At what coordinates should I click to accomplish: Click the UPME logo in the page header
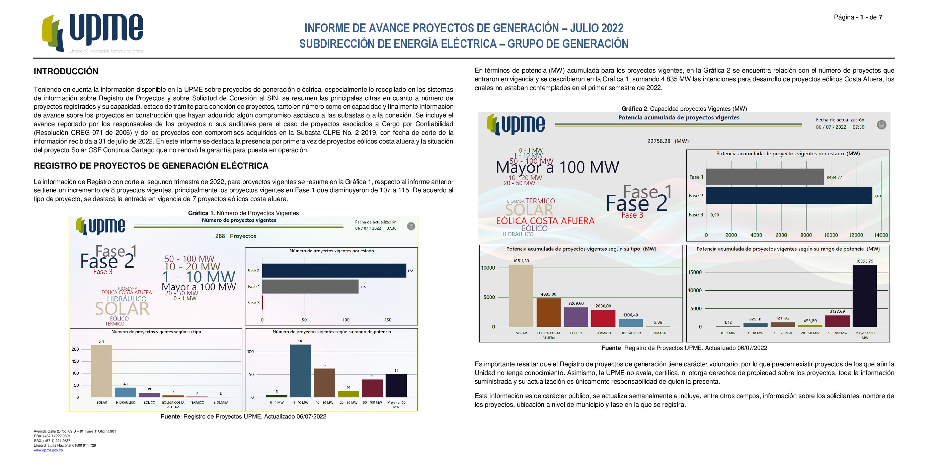point(93,33)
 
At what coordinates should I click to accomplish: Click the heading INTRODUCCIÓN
point(66,71)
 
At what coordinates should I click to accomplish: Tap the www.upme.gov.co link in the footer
point(48,450)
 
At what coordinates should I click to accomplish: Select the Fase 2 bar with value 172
point(334,271)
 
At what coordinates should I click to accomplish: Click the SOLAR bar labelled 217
point(101,371)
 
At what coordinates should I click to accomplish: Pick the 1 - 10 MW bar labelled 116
point(300,371)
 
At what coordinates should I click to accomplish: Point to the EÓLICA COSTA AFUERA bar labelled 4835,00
point(549,312)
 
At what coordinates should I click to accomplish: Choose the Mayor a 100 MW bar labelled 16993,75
point(865,296)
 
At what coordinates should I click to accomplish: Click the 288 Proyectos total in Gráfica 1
point(236,236)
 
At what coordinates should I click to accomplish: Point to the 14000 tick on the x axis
point(881,235)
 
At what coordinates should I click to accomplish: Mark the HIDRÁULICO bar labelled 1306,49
point(630,323)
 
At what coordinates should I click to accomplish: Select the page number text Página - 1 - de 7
point(858,17)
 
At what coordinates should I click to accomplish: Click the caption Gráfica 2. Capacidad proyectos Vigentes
point(684,109)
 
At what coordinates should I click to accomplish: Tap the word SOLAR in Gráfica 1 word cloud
point(122,309)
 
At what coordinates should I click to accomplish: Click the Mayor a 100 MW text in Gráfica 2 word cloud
point(557,167)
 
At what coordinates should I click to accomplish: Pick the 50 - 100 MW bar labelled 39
point(372,388)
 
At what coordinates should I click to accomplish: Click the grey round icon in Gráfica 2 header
point(881,125)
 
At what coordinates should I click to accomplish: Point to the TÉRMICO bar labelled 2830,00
point(603,318)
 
